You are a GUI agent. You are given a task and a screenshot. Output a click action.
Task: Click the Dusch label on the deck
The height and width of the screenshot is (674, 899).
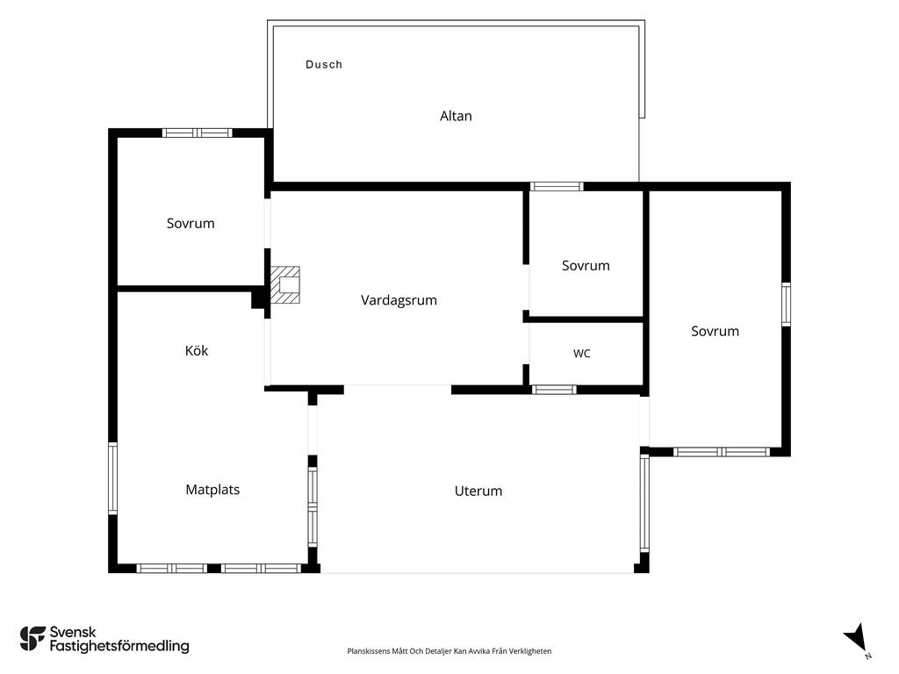click(324, 65)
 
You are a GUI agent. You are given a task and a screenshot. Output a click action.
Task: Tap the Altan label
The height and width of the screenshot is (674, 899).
click(456, 117)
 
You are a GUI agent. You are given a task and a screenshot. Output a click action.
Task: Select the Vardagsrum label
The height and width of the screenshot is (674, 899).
click(399, 300)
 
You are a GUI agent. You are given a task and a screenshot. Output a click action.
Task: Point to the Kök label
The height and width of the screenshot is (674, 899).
click(197, 351)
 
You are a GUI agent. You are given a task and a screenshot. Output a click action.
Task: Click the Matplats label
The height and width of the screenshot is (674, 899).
click(212, 490)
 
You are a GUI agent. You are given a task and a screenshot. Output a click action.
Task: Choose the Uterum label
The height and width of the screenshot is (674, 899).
click(478, 491)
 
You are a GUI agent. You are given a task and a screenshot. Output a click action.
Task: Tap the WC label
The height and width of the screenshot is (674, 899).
click(582, 354)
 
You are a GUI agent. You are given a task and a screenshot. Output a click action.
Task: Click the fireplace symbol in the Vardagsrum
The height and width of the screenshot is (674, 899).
click(285, 284)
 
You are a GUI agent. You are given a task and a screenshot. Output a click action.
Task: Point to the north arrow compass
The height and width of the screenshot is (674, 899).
click(857, 639)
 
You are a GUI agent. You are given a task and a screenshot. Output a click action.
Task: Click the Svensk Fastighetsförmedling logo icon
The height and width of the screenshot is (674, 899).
click(32, 639)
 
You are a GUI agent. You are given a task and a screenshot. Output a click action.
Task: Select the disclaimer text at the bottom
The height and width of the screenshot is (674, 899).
click(449, 651)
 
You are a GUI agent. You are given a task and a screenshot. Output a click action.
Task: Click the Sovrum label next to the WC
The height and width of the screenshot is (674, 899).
click(586, 266)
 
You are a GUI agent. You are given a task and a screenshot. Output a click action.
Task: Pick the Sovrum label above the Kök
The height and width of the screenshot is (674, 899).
click(191, 224)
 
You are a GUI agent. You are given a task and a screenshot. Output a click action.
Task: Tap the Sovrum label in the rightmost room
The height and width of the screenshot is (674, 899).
click(715, 331)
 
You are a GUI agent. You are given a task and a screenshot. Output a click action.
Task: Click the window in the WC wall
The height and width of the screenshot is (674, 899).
click(554, 390)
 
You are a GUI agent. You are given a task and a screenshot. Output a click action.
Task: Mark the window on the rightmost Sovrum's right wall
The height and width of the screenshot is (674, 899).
click(786, 305)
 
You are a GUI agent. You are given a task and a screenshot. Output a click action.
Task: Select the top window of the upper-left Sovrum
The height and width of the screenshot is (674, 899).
click(198, 133)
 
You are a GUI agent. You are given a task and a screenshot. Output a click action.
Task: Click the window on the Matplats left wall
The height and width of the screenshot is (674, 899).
click(113, 478)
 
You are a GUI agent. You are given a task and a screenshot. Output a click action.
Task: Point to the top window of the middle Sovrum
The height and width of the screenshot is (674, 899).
click(556, 186)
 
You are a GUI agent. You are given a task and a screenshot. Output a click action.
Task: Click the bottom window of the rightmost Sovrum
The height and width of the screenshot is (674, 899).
click(722, 452)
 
